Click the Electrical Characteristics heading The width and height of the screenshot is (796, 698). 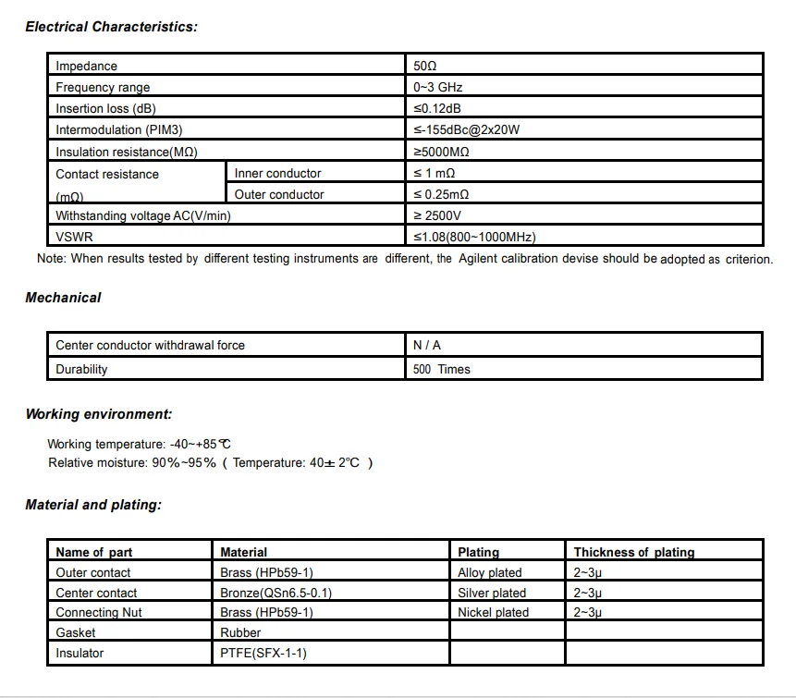pos(111,27)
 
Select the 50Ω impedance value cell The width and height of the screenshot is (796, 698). pos(424,66)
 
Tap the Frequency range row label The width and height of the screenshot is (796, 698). pos(103,87)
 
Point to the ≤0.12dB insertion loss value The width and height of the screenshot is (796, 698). pos(438,108)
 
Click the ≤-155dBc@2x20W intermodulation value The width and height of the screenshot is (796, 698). pos(466,129)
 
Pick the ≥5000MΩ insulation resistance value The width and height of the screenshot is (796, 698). pos(441,151)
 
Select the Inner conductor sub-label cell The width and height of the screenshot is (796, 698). pos(277,173)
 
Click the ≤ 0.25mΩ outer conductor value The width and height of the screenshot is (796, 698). pos(441,194)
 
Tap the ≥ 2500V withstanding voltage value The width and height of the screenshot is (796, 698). pos(436,215)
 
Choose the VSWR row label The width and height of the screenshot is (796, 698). pos(73,237)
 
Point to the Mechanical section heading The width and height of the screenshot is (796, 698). pos(63,298)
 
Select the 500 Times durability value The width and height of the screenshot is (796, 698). pos(442,369)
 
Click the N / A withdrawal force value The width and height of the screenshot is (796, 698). pos(427,345)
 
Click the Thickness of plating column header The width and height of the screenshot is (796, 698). pos(633,552)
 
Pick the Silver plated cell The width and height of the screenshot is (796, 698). pos(492,593)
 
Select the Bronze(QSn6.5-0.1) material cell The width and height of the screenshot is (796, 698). pos(276,593)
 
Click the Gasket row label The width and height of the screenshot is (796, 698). pos(76,632)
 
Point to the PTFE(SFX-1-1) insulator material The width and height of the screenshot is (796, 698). pos(263,653)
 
